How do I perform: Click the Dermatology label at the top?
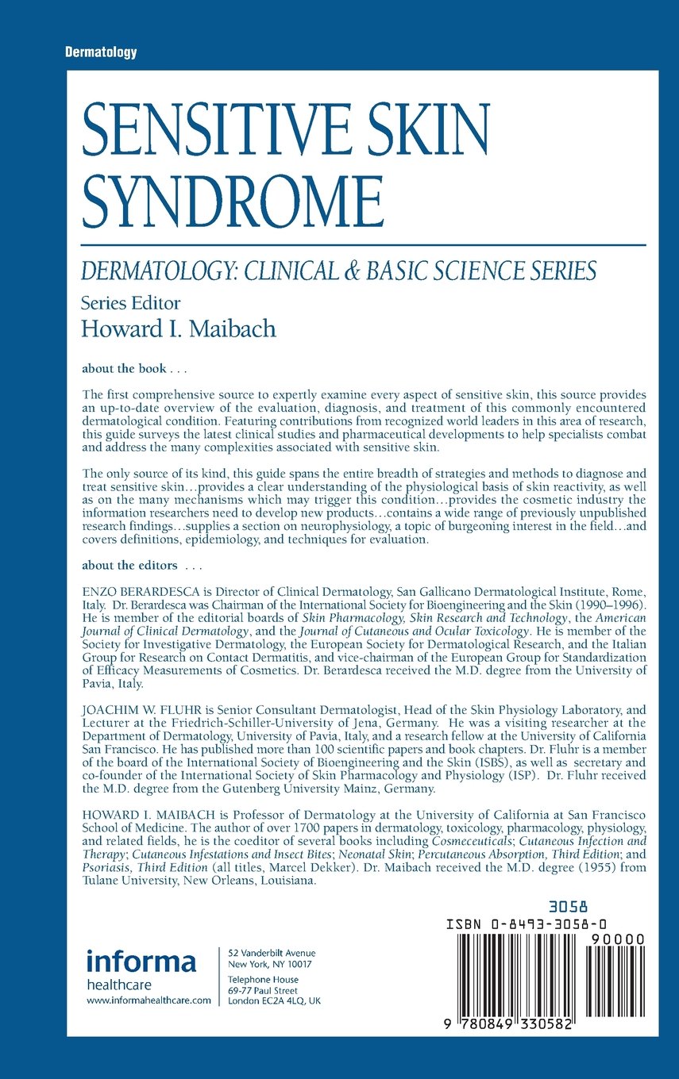coord(101,52)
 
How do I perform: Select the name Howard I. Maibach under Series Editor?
coord(179,328)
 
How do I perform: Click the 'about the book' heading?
coord(133,368)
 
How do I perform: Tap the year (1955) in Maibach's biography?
coord(581,868)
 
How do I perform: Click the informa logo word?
coord(141,962)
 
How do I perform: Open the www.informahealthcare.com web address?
coord(148,1001)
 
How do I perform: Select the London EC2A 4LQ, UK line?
coord(275,1001)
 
